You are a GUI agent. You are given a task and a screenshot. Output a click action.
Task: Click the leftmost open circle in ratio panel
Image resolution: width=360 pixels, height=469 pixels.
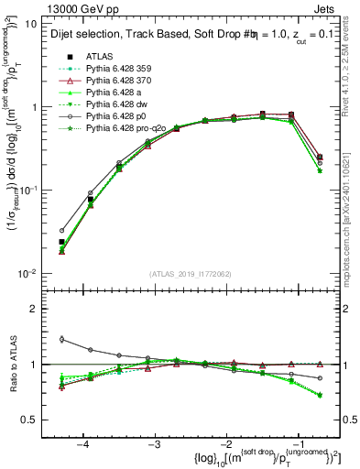(61, 339)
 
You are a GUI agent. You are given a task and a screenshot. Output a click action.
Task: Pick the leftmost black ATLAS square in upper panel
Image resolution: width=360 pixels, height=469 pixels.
(61, 242)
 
